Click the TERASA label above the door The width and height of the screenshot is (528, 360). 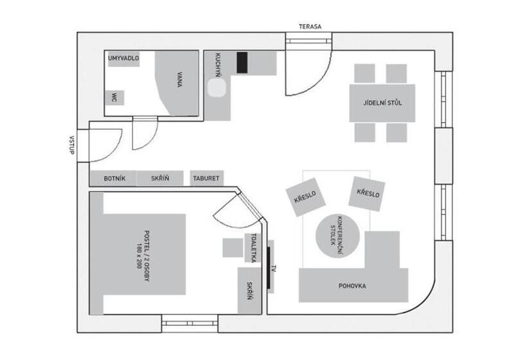310,26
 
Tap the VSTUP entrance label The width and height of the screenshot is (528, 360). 71,145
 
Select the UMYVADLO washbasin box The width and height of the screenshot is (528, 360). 123,59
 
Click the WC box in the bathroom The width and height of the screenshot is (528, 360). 115,98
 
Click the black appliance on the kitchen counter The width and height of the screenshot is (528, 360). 241,62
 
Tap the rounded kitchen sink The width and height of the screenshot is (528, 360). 216,88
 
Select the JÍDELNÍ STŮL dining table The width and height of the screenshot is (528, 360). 382,103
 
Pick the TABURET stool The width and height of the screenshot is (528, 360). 207,178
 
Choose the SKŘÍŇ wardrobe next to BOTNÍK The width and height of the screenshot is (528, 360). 160,179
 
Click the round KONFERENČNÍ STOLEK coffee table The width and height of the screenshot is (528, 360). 337,236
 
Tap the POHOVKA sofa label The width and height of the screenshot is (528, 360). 352,286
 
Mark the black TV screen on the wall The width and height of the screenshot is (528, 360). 269,267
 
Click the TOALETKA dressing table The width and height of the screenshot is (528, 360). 253,248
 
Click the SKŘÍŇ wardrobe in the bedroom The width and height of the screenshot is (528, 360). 250,291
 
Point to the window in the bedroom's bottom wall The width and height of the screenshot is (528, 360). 189,323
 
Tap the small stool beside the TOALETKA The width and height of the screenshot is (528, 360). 232,248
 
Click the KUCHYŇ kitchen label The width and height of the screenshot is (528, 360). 218,65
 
